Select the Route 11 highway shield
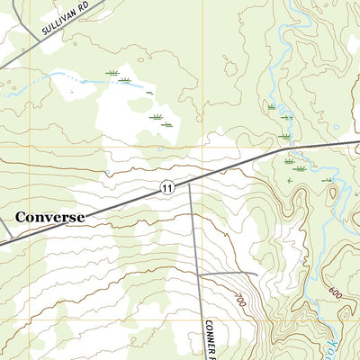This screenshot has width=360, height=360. click(x=167, y=186)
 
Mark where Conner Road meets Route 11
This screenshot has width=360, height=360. click(x=190, y=179)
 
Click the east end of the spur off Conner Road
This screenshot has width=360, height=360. click(x=257, y=274)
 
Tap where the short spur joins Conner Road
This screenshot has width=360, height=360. click(x=199, y=273)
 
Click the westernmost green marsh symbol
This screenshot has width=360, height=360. click(x=112, y=72)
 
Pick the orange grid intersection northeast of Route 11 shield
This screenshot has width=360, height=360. click(x=202, y=147)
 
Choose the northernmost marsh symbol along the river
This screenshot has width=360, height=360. click(x=272, y=106)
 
